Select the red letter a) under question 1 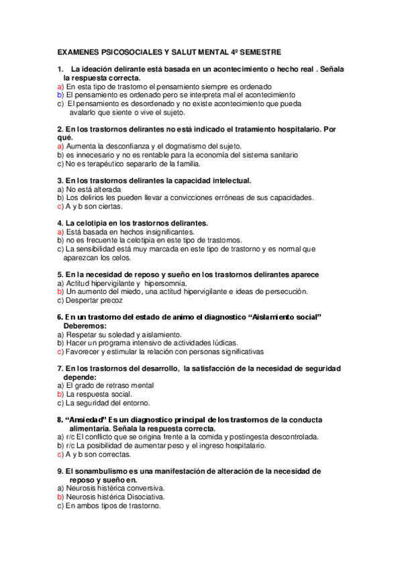60,87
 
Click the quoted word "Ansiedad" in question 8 85,419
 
